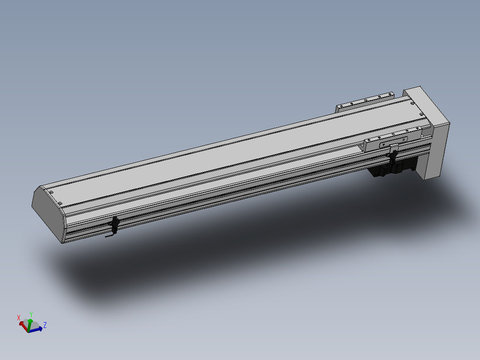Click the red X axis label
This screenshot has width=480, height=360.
19,318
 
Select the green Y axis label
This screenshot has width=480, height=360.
31,314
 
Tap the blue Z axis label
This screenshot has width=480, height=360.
45,325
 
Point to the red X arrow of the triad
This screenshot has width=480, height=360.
23,324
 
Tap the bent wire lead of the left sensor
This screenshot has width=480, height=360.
109,237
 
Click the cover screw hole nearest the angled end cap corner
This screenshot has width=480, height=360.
60,204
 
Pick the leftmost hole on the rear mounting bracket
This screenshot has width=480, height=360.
341,106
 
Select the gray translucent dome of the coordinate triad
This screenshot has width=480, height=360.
35,324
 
